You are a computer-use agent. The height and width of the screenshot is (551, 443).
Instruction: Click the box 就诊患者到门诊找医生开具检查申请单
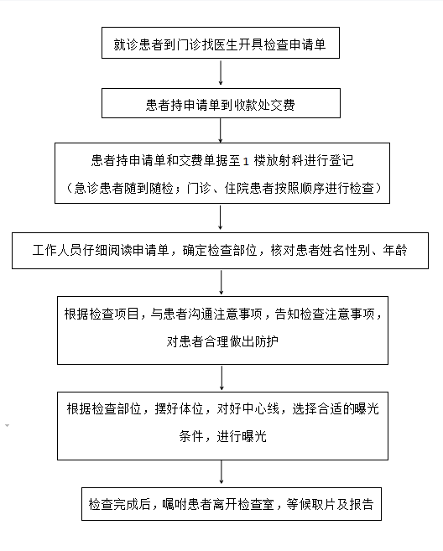[x=221, y=43]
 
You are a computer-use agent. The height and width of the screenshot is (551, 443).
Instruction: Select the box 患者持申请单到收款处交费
[x=221, y=103]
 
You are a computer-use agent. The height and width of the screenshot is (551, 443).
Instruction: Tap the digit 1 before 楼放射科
[x=246, y=161]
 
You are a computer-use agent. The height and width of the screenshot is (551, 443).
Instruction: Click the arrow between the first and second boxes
[x=221, y=73]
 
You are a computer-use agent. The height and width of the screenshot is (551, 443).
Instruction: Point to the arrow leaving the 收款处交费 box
[x=221, y=130]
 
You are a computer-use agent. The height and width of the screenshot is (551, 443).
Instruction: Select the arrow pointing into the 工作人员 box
[x=220, y=217]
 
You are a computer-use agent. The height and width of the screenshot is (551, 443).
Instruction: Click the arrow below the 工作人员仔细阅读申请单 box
[x=221, y=282]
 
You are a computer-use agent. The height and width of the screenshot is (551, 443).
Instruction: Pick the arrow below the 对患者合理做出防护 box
[x=221, y=378]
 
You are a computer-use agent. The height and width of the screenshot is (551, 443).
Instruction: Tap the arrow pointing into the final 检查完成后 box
[x=221, y=472]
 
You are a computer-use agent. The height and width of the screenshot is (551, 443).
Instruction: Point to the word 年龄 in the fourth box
[x=395, y=250]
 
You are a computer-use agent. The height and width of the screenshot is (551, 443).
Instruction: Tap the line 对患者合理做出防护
[x=222, y=341]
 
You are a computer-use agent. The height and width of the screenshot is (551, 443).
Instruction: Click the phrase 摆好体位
[x=179, y=408]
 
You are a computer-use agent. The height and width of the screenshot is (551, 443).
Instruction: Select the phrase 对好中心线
[x=248, y=408]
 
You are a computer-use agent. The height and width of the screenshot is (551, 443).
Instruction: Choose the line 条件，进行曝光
[x=223, y=436]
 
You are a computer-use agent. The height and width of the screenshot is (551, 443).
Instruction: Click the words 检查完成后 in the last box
[x=119, y=504]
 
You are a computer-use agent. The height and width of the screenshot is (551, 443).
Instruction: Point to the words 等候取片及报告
[x=330, y=504]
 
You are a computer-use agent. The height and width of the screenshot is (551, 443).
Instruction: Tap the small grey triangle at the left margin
[x=7, y=425]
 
